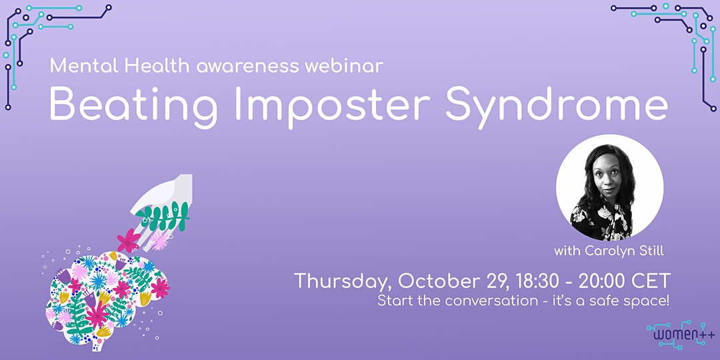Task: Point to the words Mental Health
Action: pos(120,66)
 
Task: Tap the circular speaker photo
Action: pos(609,187)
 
